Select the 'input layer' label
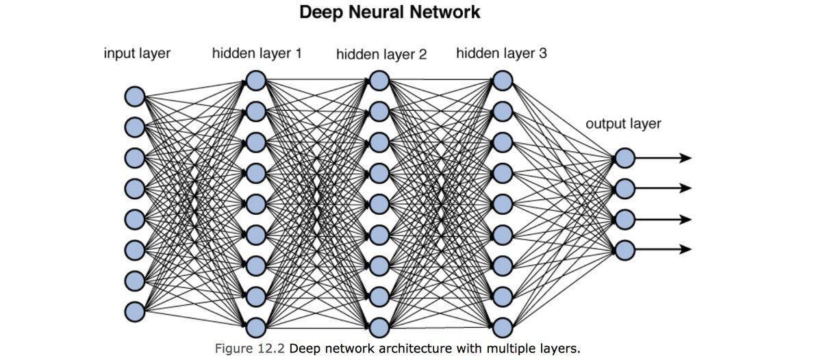click(137, 53)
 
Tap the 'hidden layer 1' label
click(257, 53)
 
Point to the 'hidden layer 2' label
click(381, 55)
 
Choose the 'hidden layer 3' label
click(501, 53)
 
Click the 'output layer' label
click(623, 124)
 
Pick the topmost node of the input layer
click(134, 97)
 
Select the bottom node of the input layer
click(134, 311)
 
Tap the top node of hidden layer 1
click(255, 81)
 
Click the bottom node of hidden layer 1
click(255, 326)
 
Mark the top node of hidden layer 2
click(379, 81)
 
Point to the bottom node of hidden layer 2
click(379, 326)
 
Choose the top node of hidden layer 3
click(503, 81)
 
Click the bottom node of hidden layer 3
click(503, 326)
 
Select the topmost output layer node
click(624, 158)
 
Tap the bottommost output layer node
click(624, 250)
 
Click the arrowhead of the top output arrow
click(686, 158)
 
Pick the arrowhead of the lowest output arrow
click(686, 250)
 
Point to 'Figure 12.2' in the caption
click(250, 348)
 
